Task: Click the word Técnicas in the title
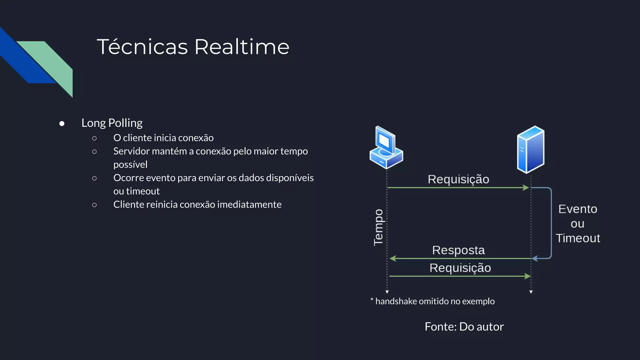tap(142, 47)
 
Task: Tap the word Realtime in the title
tap(242, 47)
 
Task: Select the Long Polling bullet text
tap(112, 123)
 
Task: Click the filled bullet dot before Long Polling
tap(62, 124)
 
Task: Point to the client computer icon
tap(386, 147)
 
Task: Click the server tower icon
tap(531, 149)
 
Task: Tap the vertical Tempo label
tap(378, 227)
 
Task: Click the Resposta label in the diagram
tap(458, 250)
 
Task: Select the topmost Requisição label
tap(458, 179)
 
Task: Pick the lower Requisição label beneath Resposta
tap(460, 268)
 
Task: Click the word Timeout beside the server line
tap(577, 238)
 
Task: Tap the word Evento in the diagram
tap(577, 209)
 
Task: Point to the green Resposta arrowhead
tap(393, 258)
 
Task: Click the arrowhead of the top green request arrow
tap(526, 187)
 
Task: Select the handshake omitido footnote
tap(432, 301)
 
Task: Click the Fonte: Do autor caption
tap(464, 327)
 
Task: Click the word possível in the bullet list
tap(130, 164)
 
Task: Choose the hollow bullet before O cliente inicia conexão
tap(94, 138)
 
